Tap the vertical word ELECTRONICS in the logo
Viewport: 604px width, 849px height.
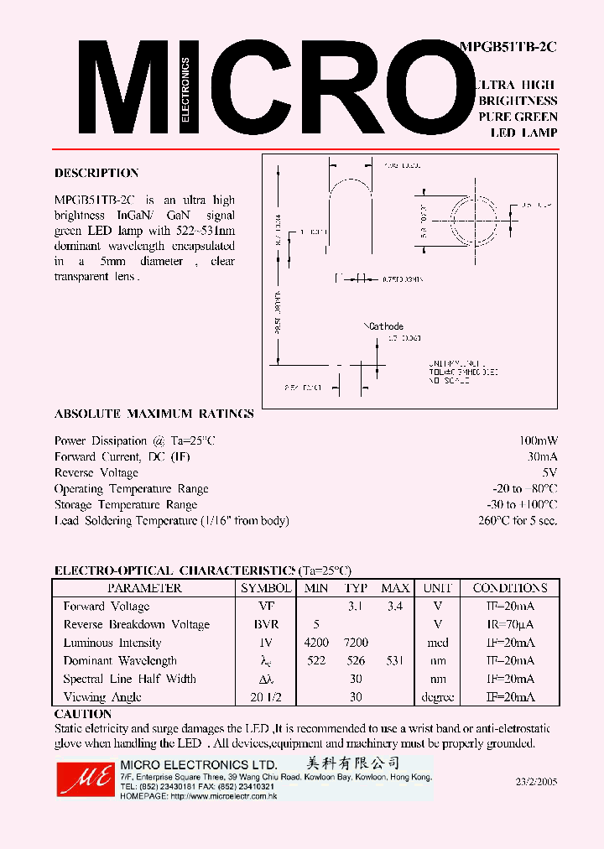click(185, 91)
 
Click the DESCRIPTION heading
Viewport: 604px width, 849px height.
click(96, 173)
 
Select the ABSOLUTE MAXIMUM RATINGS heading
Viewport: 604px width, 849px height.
click(154, 414)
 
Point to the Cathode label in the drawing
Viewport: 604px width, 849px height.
click(386, 326)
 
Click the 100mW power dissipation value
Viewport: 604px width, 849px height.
click(538, 440)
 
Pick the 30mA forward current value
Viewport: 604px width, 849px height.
click(542, 456)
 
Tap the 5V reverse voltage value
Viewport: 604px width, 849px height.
click(549, 472)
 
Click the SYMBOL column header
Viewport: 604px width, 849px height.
click(265, 588)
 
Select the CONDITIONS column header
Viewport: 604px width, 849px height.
click(509, 588)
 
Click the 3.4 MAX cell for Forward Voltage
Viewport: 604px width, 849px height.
click(395, 607)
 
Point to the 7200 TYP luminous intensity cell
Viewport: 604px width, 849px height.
click(357, 643)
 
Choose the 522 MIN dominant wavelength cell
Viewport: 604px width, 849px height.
click(315, 661)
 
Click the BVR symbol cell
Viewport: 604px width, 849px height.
click(266, 625)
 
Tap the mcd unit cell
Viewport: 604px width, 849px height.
click(438, 643)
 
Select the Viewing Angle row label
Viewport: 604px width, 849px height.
click(102, 697)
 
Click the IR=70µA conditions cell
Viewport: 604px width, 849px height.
click(509, 625)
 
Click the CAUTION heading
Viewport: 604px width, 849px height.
click(83, 714)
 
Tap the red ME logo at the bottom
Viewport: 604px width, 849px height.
click(84, 779)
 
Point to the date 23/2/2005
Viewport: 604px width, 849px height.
click(536, 781)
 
